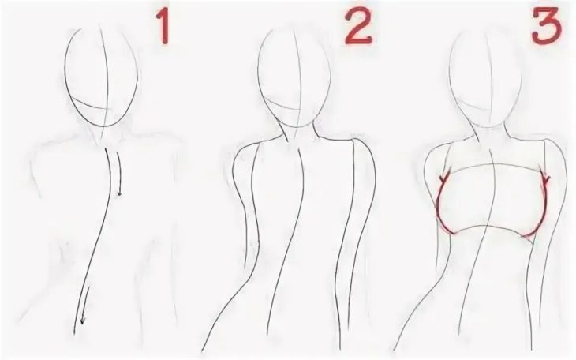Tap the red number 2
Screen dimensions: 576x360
pyautogui.click(x=358, y=27)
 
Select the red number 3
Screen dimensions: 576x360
pyautogui.click(x=547, y=27)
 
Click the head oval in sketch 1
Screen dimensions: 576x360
pyautogui.click(x=65, y=73)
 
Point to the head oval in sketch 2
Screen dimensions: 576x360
pyautogui.click(x=258, y=73)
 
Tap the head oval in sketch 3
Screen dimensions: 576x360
pyautogui.click(x=450, y=73)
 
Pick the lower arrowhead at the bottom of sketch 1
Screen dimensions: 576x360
pyautogui.click(x=82, y=319)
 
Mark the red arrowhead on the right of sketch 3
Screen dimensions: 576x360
pyautogui.click(x=545, y=179)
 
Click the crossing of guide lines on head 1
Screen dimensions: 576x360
pyautogui.click(x=107, y=108)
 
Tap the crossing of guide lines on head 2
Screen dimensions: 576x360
pyautogui.click(x=301, y=108)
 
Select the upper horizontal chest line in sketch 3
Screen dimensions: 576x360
pyautogui.click(x=496, y=167)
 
